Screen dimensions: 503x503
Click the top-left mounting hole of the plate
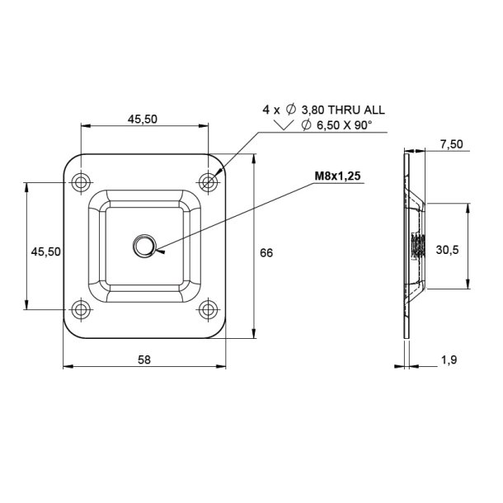pyautogui.click(x=81, y=181)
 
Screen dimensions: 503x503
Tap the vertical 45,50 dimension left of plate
pyautogui.click(x=46, y=252)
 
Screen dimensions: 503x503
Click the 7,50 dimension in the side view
pyautogui.click(x=451, y=143)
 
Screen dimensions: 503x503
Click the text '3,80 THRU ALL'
pyautogui.click(x=349, y=109)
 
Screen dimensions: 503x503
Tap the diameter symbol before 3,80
pyautogui.click(x=290, y=109)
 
